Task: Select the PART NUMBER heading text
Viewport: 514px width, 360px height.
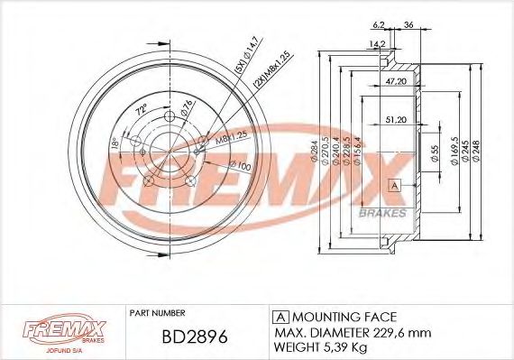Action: [158, 313]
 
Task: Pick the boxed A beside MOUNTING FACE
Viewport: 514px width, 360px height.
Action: [280, 317]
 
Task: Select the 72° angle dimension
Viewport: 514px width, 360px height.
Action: [140, 109]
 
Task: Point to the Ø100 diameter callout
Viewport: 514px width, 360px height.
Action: [240, 166]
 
